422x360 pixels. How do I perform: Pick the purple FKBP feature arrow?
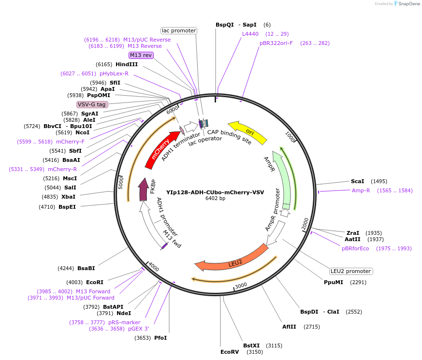point(144,190)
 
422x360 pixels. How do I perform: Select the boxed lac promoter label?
point(179,30)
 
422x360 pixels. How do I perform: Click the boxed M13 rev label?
point(141,55)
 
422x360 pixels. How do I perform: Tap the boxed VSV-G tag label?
point(92,104)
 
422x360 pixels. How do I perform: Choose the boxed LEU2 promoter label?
point(351,271)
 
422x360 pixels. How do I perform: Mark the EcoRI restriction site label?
point(95,282)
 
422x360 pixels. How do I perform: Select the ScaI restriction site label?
point(358,181)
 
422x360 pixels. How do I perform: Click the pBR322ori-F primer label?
point(276,43)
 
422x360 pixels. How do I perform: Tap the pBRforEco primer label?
point(355,248)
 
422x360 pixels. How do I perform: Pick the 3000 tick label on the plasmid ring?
point(241,285)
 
